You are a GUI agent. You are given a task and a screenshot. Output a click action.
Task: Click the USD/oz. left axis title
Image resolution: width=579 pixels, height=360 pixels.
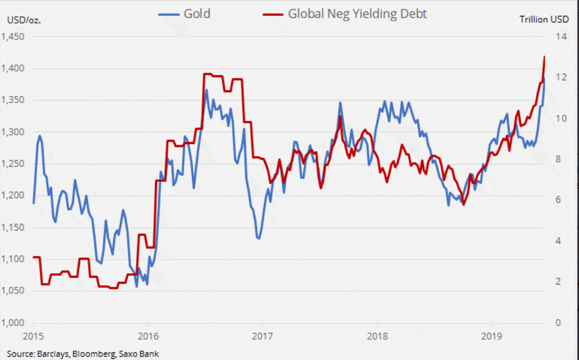coord(24,20)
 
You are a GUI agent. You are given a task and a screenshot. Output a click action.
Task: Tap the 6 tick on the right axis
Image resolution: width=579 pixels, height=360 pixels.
coord(559,200)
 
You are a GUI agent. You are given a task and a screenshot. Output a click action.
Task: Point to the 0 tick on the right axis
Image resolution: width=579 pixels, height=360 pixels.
coord(559,322)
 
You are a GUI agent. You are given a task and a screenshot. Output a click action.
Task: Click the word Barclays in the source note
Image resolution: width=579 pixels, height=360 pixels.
coord(53,353)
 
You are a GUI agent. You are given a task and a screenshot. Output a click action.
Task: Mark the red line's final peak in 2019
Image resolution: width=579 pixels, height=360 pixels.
coord(544,56)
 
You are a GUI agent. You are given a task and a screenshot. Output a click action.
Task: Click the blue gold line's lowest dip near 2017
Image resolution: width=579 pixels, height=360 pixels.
coord(258,238)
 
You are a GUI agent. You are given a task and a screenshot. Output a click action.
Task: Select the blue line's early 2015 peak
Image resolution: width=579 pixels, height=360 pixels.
coord(40,135)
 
